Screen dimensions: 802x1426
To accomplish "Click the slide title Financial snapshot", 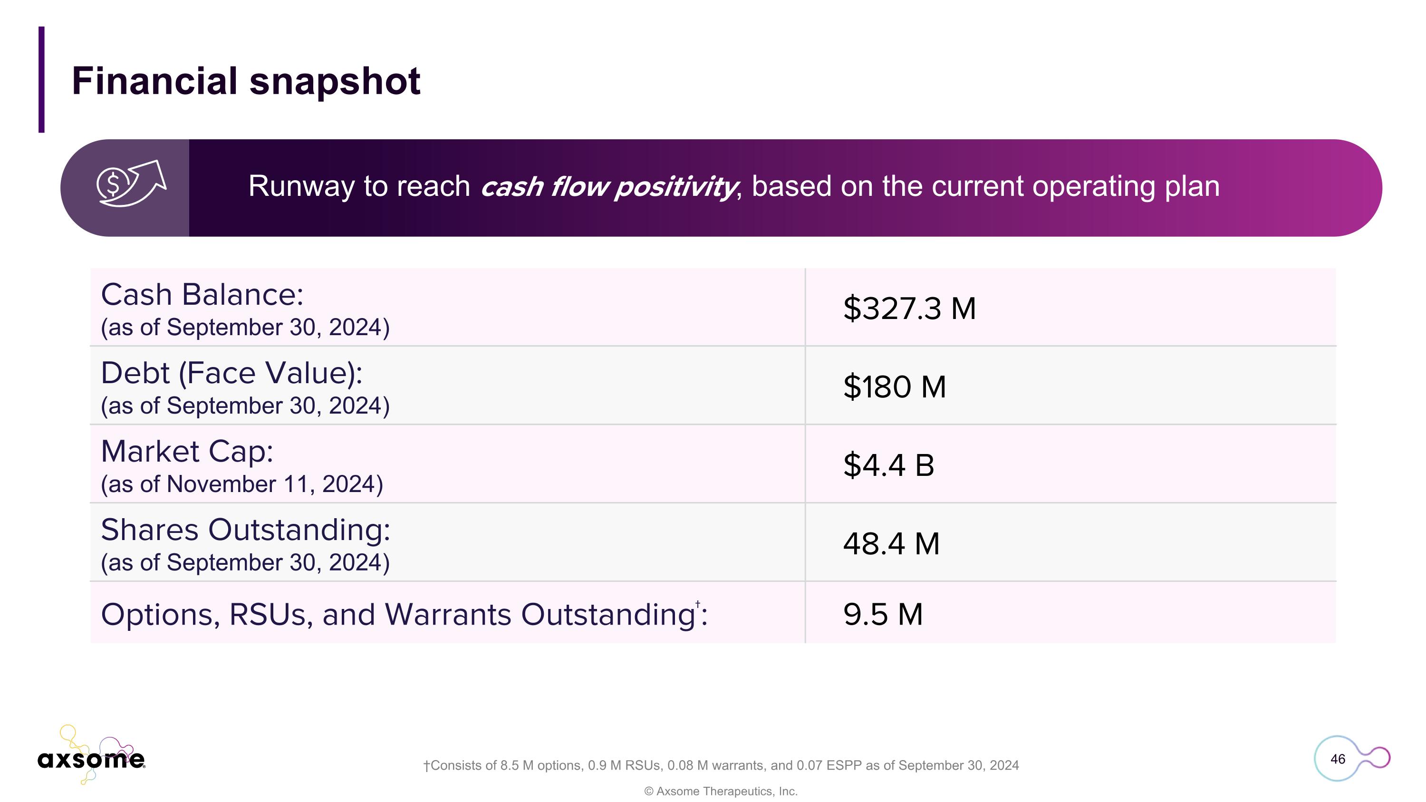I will tap(246, 81).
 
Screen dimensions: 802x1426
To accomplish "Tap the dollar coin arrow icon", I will tap(131, 184).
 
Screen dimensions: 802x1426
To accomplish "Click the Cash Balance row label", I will tap(202, 294).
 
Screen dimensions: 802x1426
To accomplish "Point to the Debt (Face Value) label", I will tap(231, 373).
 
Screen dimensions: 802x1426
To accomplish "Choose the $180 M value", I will tap(894, 387).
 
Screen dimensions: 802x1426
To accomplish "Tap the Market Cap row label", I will tap(187, 452).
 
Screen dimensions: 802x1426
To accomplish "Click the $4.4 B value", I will tap(888, 465).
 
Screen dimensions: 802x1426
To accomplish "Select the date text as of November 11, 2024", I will tap(242, 484).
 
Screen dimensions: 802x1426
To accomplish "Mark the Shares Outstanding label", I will tap(245, 530).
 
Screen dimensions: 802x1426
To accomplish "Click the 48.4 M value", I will tap(891, 543).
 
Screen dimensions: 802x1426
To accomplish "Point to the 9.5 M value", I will tap(882, 614).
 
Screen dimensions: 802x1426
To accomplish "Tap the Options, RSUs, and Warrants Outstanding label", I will tap(397, 615).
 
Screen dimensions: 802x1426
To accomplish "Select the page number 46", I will tap(1338, 759).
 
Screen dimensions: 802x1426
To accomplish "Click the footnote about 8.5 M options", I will tap(721, 765).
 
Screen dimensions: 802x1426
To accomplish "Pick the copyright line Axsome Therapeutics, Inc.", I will tap(721, 792).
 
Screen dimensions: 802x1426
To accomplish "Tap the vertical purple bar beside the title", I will tap(41, 80).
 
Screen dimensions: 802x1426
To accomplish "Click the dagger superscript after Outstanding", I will tap(697, 604).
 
